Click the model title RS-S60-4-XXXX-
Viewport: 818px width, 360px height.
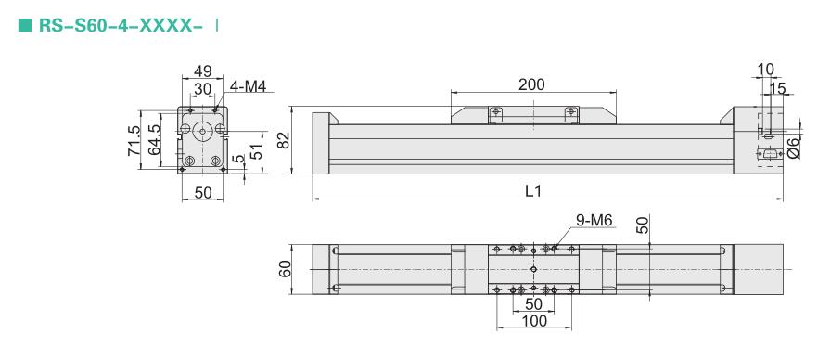point(121,25)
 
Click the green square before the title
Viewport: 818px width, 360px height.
point(25,25)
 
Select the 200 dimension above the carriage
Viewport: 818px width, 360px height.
point(531,84)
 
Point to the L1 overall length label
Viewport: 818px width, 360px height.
point(533,191)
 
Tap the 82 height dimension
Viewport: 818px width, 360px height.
point(283,140)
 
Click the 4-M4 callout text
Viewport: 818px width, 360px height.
point(249,86)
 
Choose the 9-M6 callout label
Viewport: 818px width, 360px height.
point(594,221)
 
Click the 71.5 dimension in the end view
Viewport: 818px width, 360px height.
point(134,140)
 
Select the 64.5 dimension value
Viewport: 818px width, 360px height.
point(153,140)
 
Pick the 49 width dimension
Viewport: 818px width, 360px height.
point(203,71)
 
